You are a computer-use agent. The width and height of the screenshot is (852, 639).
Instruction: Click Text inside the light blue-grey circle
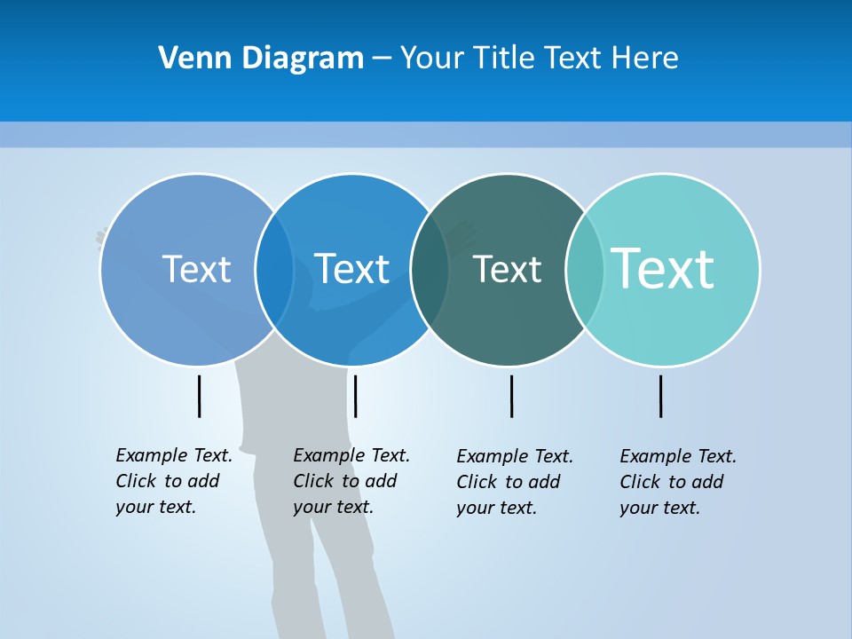[196, 269]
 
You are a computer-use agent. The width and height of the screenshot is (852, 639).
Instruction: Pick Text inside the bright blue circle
[351, 269]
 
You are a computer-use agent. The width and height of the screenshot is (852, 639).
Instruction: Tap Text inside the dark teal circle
[507, 270]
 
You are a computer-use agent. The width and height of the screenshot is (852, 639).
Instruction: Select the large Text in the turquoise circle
[663, 268]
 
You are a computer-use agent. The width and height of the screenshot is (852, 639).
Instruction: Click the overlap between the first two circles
[274, 270]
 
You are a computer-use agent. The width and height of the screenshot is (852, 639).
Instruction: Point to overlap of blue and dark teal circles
[430, 270]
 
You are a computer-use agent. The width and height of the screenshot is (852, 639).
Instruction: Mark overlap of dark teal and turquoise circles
[585, 270]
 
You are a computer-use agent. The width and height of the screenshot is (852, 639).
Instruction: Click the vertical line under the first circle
[199, 396]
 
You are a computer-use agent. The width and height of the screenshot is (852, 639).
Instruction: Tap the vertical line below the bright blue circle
[355, 396]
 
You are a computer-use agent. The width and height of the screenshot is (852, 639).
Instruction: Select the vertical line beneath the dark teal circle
[511, 396]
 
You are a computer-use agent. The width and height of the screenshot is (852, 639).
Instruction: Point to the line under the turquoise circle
[660, 396]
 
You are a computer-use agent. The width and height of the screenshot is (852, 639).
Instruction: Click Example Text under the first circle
[174, 455]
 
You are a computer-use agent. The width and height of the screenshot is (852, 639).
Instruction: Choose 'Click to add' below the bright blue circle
[344, 481]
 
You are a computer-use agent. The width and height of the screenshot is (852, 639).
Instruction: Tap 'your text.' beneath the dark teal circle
[496, 508]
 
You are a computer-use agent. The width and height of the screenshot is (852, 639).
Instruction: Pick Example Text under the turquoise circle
[678, 456]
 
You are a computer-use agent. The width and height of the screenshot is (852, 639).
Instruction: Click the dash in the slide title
[382, 59]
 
